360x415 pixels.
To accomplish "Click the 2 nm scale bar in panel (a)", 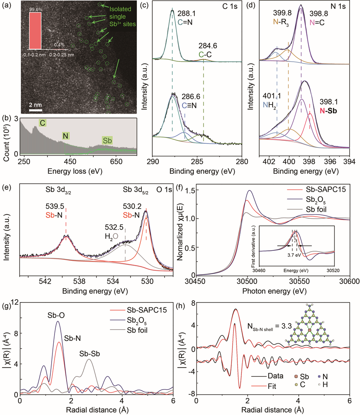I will click(36, 110).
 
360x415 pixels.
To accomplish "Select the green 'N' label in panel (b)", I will click(65, 136).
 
